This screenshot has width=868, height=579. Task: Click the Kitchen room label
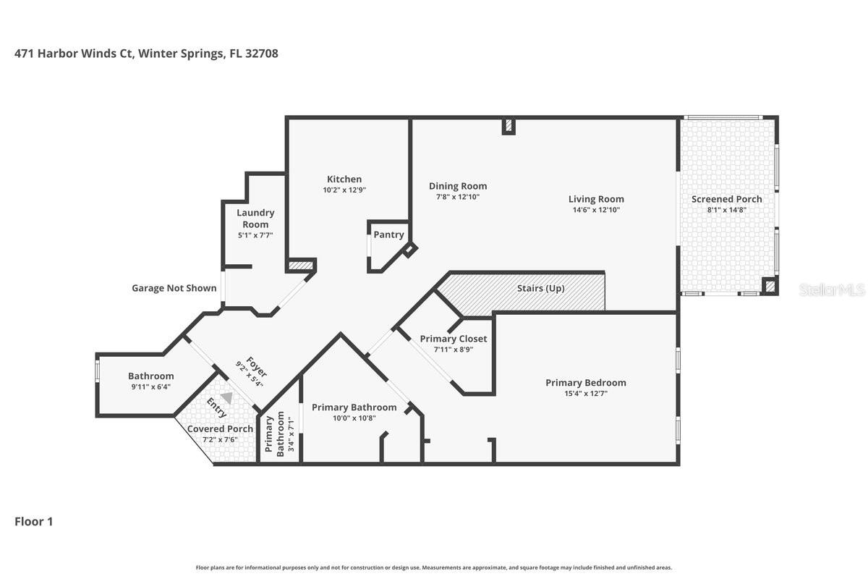click(x=344, y=179)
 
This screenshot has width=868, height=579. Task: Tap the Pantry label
click(x=388, y=234)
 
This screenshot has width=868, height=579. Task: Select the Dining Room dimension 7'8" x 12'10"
click(x=457, y=197)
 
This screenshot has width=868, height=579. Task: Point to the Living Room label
click(x=595, y=199)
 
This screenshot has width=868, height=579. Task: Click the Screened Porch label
click(x=726, y=199)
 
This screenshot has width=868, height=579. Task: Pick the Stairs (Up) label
click(x=540, y=288)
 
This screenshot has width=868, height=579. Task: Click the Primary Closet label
click(x=454, y=339)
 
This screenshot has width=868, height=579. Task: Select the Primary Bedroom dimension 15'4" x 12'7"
click(x=585, y=394)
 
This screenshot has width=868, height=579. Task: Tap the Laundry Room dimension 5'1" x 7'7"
click(x=255, y=235)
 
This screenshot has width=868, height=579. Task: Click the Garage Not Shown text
click(x=174, y=288)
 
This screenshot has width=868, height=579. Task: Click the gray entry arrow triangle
click(x=227, y=398)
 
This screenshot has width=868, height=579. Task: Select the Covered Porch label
click(x=220, y=428)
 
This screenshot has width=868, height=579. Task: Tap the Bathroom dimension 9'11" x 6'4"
click(x=150, y=387)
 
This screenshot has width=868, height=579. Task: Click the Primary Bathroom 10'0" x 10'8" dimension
click(x=354, y=418)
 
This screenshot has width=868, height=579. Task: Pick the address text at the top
click(x=146, y=54)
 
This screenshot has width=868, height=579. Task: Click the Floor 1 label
click(x=34, y=521)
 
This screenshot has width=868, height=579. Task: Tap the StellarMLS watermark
click(x=832, y=289)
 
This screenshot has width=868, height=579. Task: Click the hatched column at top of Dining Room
click(x=509, y=126)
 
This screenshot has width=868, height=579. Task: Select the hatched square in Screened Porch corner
click(x=770, y=287)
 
